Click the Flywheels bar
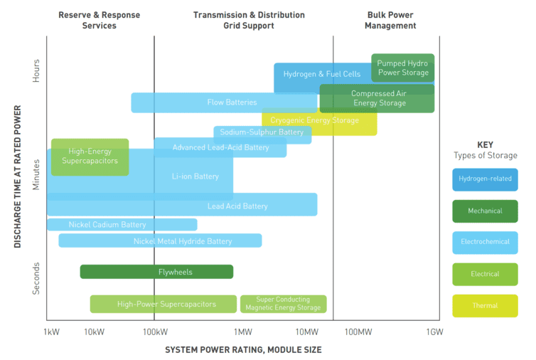[x=156, y=272]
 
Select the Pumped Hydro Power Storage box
[x=402, y=68]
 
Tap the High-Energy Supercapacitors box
[x=90, y=157]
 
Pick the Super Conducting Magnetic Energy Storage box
[x=283, y=304]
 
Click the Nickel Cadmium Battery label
[x=107, y=225]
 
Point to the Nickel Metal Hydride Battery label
[x=183, y=241]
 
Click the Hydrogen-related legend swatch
[x=485, y=179]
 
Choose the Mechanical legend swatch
[x=485, y=211]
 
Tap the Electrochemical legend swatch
[x=485, y=243]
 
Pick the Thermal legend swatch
[x=485, y=306]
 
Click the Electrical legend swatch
[x=485, y=274]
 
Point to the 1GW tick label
[x=434, y=332]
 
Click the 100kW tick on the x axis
[x=154, y=332]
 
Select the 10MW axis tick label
[x=306, y=332]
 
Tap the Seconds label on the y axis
[x=37, y=278]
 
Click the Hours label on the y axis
[x=37, y=70]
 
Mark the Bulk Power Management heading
[x=390, y=20]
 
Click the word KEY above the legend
[x=485, y=144]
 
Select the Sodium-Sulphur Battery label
[x=262, y=132]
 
